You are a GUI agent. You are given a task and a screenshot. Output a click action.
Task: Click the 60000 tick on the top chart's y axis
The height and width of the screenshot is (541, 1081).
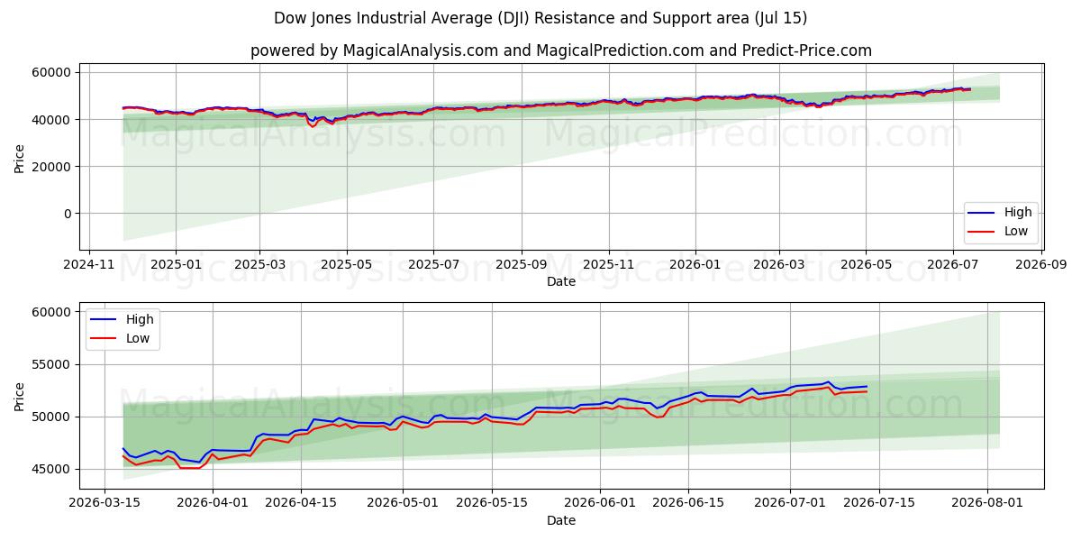point(51,72)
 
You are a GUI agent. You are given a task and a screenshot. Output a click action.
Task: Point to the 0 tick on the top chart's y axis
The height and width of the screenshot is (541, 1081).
point(68,214)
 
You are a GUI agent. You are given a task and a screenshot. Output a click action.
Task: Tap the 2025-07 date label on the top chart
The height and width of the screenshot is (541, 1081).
point(433,265)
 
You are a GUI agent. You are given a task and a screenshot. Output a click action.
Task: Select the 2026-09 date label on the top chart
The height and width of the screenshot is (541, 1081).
point(1041,265)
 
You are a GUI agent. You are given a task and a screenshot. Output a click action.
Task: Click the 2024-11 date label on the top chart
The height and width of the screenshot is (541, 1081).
point(89,265)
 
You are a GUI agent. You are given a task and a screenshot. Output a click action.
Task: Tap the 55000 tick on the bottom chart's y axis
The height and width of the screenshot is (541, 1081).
point(51,364)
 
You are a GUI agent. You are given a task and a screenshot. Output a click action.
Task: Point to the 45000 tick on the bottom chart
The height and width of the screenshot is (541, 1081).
point(51,469)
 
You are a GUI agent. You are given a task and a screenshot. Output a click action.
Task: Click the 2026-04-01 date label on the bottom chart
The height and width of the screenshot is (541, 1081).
point(213,503)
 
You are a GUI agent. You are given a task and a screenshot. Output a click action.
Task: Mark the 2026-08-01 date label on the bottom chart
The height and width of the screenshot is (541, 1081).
point(987,503)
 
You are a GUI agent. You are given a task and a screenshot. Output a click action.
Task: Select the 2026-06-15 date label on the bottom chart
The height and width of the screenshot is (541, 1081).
point(688,503)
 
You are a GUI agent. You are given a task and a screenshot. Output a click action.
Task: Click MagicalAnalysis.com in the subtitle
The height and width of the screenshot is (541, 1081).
point(421,50)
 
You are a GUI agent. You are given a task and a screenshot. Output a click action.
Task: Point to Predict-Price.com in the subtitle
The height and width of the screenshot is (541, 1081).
point(807,50)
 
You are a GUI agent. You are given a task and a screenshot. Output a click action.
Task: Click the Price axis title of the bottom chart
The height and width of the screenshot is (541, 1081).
point(19,397)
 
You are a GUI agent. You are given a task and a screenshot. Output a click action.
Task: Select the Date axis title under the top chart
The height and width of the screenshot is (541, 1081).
point(561,281)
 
